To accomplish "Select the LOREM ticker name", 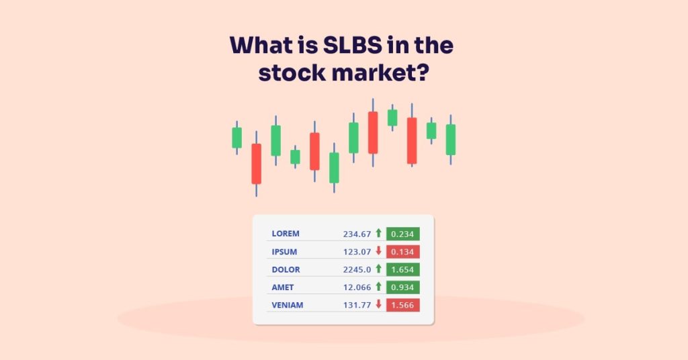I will pos(286,234).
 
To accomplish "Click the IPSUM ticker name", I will pos(284,252).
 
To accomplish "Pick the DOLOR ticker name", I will pos(286,269).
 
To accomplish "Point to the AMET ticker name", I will pos(283,287).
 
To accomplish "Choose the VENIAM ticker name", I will pos(288,305).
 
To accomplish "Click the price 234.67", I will pos(357,234).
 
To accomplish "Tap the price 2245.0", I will pos(357,269).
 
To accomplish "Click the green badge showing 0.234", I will pos(403,234).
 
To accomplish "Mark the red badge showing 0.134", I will pos(403,252).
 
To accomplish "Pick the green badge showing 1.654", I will pos(403,269).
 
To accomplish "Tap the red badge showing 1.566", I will pos(403,305).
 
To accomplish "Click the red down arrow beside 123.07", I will pos(378,251).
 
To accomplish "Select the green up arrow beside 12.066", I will pos(378,287).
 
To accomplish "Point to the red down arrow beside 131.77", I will pos(378,304).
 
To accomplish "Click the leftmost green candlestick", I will pos(236,138).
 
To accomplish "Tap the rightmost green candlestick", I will pos(450,139).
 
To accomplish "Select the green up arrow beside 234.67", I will pos(378,233).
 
